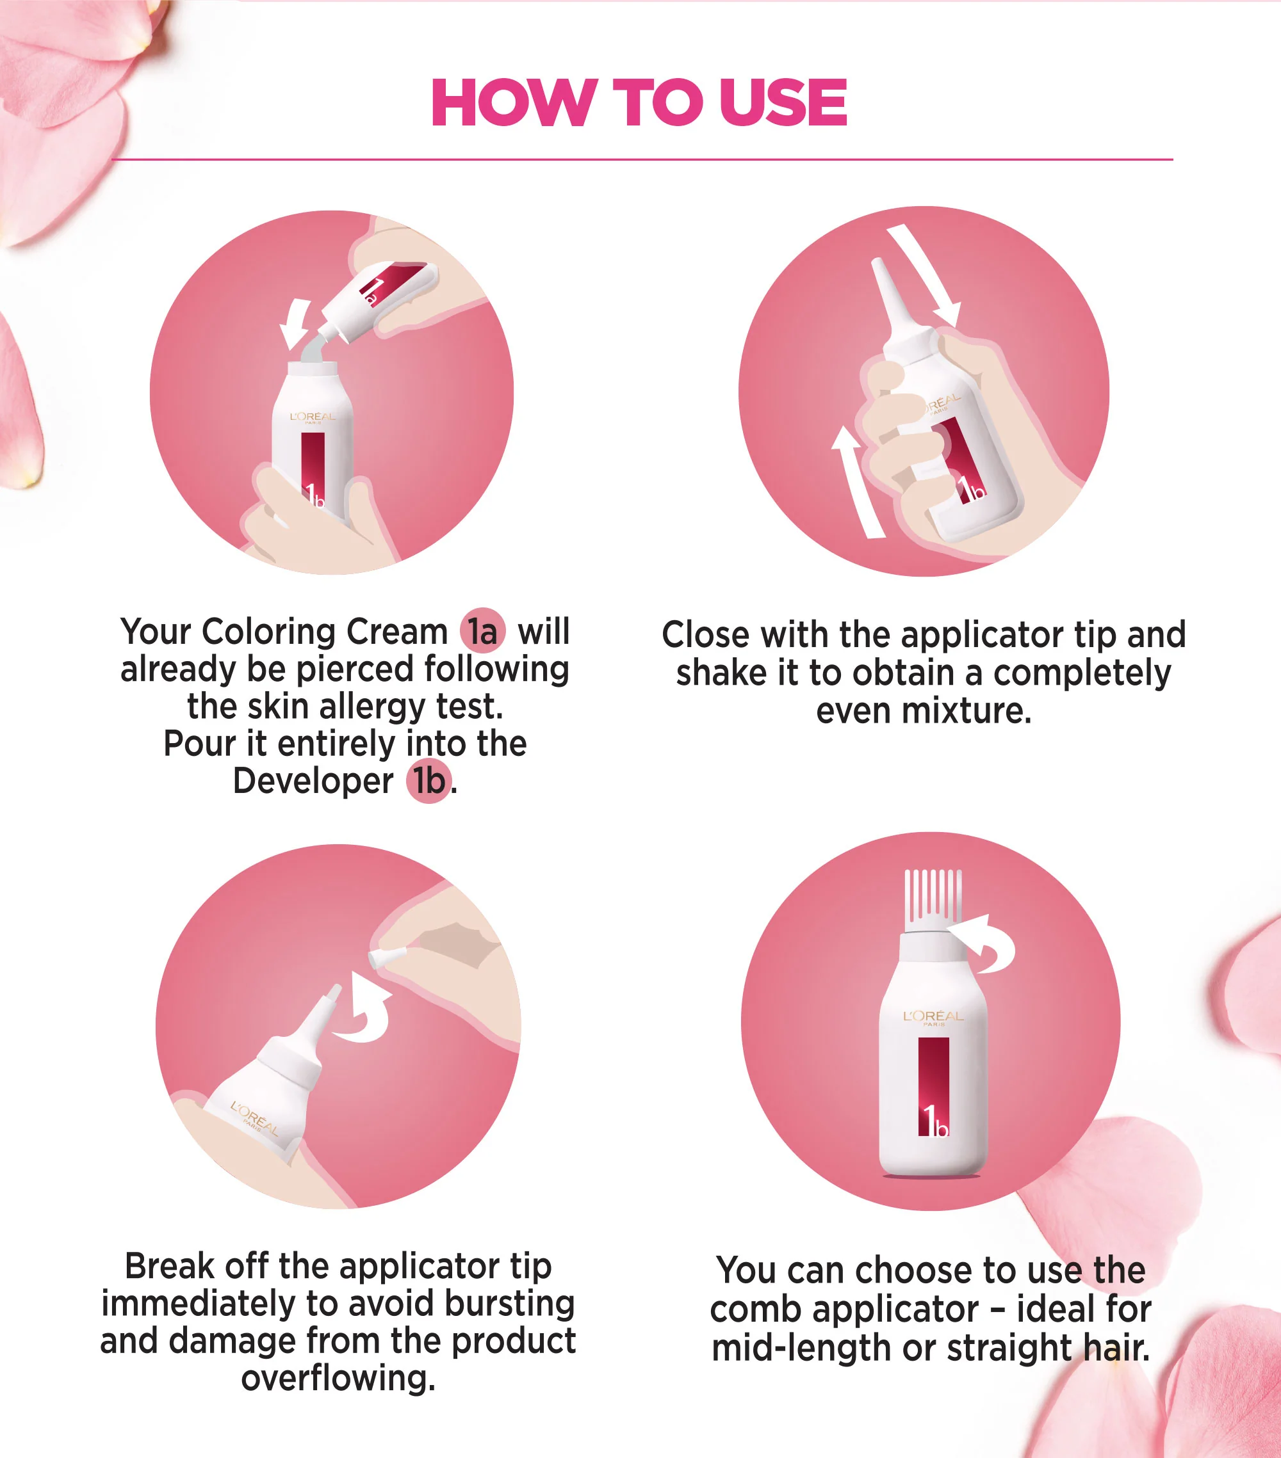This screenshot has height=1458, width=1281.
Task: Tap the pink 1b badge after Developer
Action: click(x=430, y=781)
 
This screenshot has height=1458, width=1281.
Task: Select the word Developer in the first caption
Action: click(x=313, y=781)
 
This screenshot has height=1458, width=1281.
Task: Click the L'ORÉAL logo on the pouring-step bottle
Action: click(x=313, y=417)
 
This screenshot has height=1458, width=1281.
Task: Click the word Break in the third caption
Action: click(x=170, y=1266)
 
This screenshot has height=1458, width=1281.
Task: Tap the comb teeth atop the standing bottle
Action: click(x=933, y=900)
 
